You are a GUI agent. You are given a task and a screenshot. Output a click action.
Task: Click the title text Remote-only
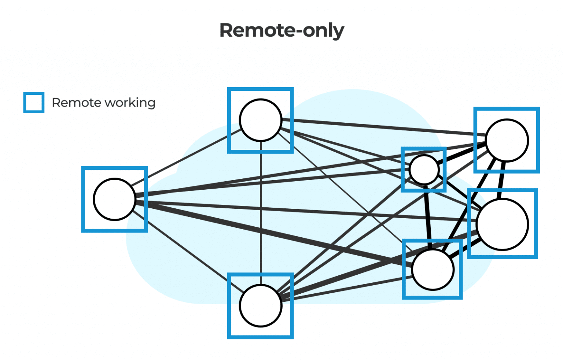[x=281, y=30]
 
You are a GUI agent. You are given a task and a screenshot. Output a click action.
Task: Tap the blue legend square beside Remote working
[x=34, y=103]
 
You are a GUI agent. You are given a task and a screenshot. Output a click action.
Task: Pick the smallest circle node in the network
[x=424, y=170]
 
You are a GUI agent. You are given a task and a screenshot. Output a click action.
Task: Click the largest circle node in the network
[x=503, y=224]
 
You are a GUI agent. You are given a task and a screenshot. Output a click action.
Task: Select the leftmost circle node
[x=114, y=199]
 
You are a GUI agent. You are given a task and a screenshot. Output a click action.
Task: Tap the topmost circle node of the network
[x=261, y=120]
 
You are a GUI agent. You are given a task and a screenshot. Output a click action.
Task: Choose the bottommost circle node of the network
[x=261, y=305]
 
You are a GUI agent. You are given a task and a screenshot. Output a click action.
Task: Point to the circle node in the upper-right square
[x=507, y=140]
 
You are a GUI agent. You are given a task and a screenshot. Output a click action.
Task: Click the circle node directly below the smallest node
[x=433, y=270]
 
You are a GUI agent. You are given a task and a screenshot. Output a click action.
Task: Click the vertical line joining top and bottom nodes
[x=261, y=212]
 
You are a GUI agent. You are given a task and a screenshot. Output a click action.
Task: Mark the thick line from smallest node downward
[x=428, y=216]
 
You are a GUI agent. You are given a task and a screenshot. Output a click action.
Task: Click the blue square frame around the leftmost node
[x=83, y=199]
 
